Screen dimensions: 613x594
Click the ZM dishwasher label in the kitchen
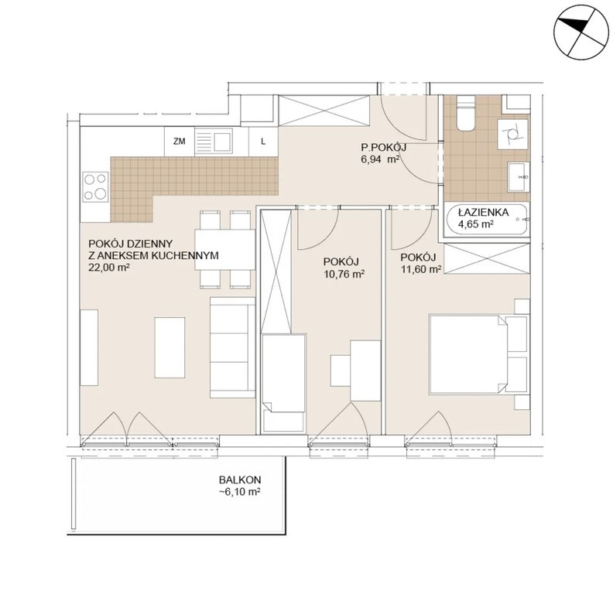(x=180, y=142)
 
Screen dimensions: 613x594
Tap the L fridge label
(x=263, y=142)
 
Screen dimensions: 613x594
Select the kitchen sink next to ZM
(x=214, y=142)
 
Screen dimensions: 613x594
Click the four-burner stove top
(x=95, y=187)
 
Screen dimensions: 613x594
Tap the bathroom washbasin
(x=519, y=177)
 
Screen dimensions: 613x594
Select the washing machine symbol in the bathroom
(x=512, y=134)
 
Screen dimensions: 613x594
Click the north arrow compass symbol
(x=582, y=32)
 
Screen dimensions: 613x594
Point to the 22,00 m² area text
(x=109, y=268)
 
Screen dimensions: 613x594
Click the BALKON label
(x=240, y=480)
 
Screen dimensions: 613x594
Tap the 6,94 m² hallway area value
(x=380, y=159)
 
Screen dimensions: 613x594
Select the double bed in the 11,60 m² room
(x=478, y=353)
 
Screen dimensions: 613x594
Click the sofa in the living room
(x=233, y=347)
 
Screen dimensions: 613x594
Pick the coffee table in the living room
(x=170, y=347)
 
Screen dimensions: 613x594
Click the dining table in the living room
(x=224, y=249)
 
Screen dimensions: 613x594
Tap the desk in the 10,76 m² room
(x=365, y=370)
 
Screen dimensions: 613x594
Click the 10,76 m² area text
(x=344, y=274)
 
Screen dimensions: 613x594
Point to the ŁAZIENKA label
(x=483, y=213)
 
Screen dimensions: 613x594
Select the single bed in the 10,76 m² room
(x=284, y=382)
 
